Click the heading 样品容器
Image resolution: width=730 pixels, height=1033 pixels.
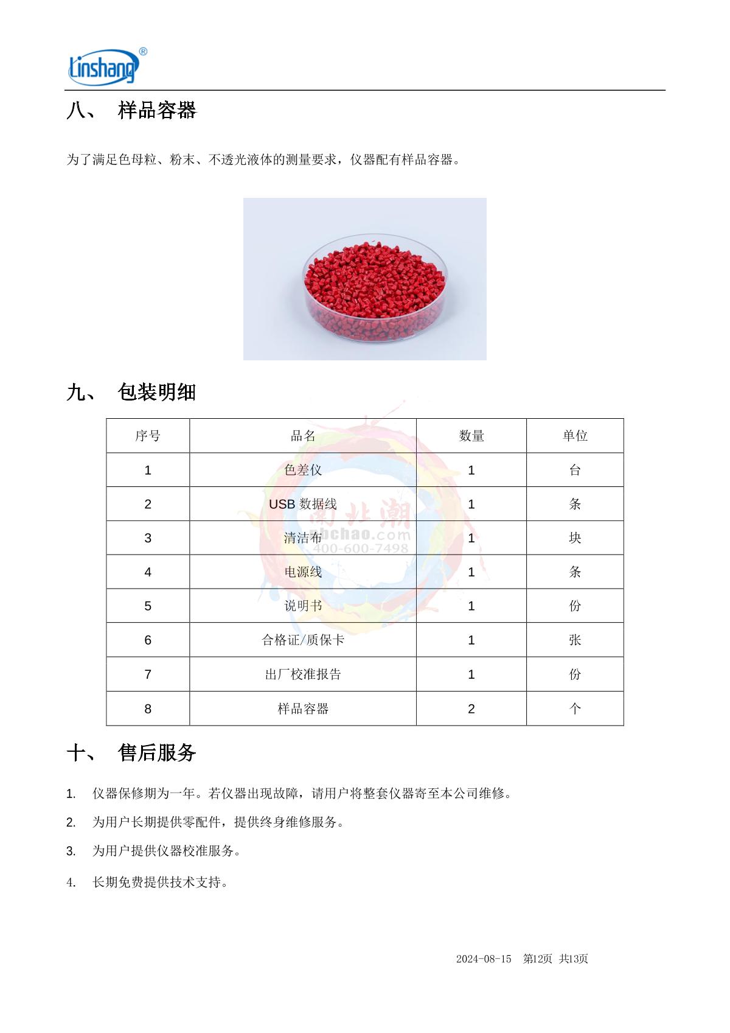tap(157, 111)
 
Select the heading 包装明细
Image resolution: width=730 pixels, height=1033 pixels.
tap(157, 393)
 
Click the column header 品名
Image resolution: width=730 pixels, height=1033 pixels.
tap(303, 436)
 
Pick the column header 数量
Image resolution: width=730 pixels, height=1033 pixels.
tap(471, 436)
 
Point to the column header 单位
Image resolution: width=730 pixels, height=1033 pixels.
tap(575, 436)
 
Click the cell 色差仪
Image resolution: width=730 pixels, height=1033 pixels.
tap(303, 470)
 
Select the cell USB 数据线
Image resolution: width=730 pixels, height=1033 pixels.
tap(303, 504)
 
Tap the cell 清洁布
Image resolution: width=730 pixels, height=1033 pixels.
tap(303, 538)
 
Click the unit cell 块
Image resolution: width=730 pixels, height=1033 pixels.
tap(575, 538)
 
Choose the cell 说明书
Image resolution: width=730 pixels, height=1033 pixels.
tap(303, 606)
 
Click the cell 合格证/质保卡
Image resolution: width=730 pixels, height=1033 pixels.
tap(303, 640)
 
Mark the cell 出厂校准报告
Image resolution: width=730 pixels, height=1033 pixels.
tap(303, 674)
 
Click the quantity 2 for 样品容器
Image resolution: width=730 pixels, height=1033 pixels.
tap(471, 709)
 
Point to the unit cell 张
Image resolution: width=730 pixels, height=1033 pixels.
tap(575, 640)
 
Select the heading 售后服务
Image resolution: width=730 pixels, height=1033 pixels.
tap(157, 754)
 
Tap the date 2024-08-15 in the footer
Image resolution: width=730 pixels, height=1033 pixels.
tap(484, 959)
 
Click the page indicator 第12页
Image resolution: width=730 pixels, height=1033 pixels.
tap(538, 959)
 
